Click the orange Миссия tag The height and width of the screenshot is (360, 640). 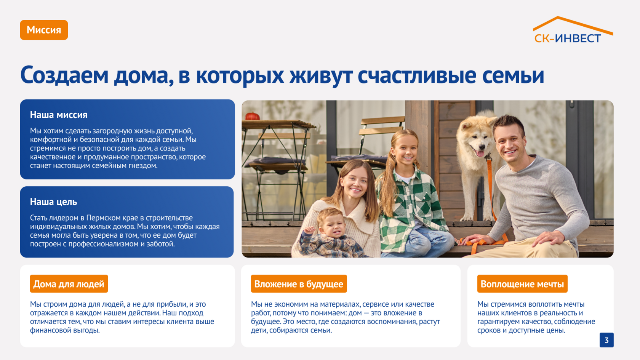click(x=44, y=30)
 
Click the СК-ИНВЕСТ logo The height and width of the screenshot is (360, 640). click(x=573, y=30)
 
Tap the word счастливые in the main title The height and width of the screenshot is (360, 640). click(x=417, y=75)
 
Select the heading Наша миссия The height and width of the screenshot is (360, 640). click(x=59, y=115)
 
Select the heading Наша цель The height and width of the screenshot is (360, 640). click(x=53, y=202)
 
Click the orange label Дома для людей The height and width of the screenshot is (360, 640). click(x=69, y=284)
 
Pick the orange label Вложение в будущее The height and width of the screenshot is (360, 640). click(x=299, y=284)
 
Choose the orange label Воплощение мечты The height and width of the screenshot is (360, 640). click(x=522, y=284)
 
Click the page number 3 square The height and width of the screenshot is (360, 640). click(x=606, y=340)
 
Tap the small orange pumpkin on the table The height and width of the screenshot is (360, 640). click(x=253, y=116)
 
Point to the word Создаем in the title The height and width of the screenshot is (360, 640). click(x=65, y=75)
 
